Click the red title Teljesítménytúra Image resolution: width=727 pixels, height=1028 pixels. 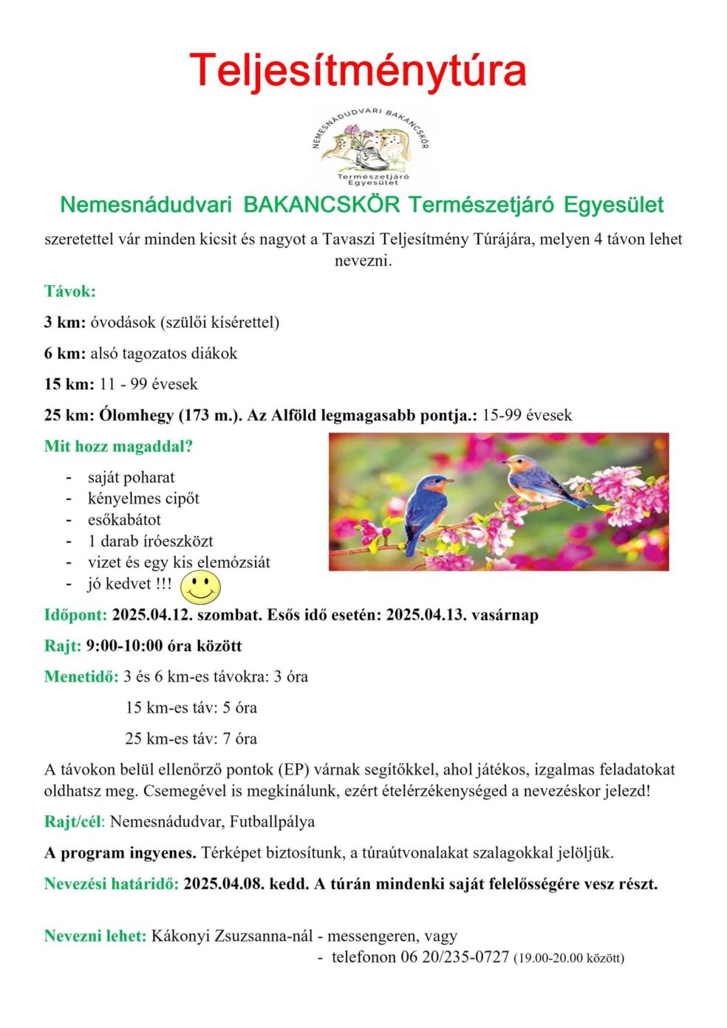point(358,70)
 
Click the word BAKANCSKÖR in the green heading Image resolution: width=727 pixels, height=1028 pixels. point(321,205)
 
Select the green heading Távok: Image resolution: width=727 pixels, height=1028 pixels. point(70,291)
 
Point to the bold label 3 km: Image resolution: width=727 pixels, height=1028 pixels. point(65,322)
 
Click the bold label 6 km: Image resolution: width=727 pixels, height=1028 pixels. point(65,353)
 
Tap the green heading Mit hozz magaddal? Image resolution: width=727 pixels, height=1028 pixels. point(118,446)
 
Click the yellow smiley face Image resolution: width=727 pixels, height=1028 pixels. point(200,586)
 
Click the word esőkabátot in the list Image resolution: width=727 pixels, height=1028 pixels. point(124,519)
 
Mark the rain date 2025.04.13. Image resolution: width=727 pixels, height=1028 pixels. point(426,614)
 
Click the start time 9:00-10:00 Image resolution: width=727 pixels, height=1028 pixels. point(124,645)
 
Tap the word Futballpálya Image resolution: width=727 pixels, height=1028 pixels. point(272,821)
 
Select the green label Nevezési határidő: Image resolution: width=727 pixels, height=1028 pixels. point(112,883)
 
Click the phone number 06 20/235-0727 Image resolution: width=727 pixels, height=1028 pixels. point(455,957)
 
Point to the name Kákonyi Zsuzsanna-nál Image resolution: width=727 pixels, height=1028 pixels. point(232,936)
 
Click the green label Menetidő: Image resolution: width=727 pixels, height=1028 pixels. point(81,676)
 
